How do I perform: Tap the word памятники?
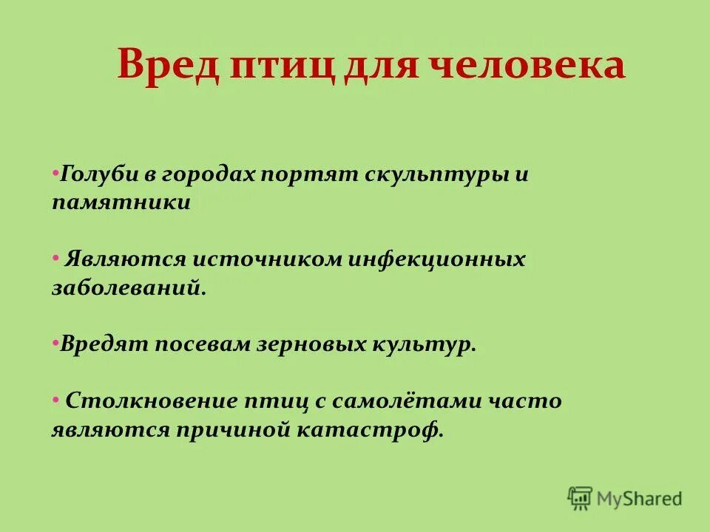point(121,202)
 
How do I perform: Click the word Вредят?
point(105,344)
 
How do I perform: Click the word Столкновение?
point(150,401)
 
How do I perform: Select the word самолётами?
point(408,401)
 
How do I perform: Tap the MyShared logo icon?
point(581,498)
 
